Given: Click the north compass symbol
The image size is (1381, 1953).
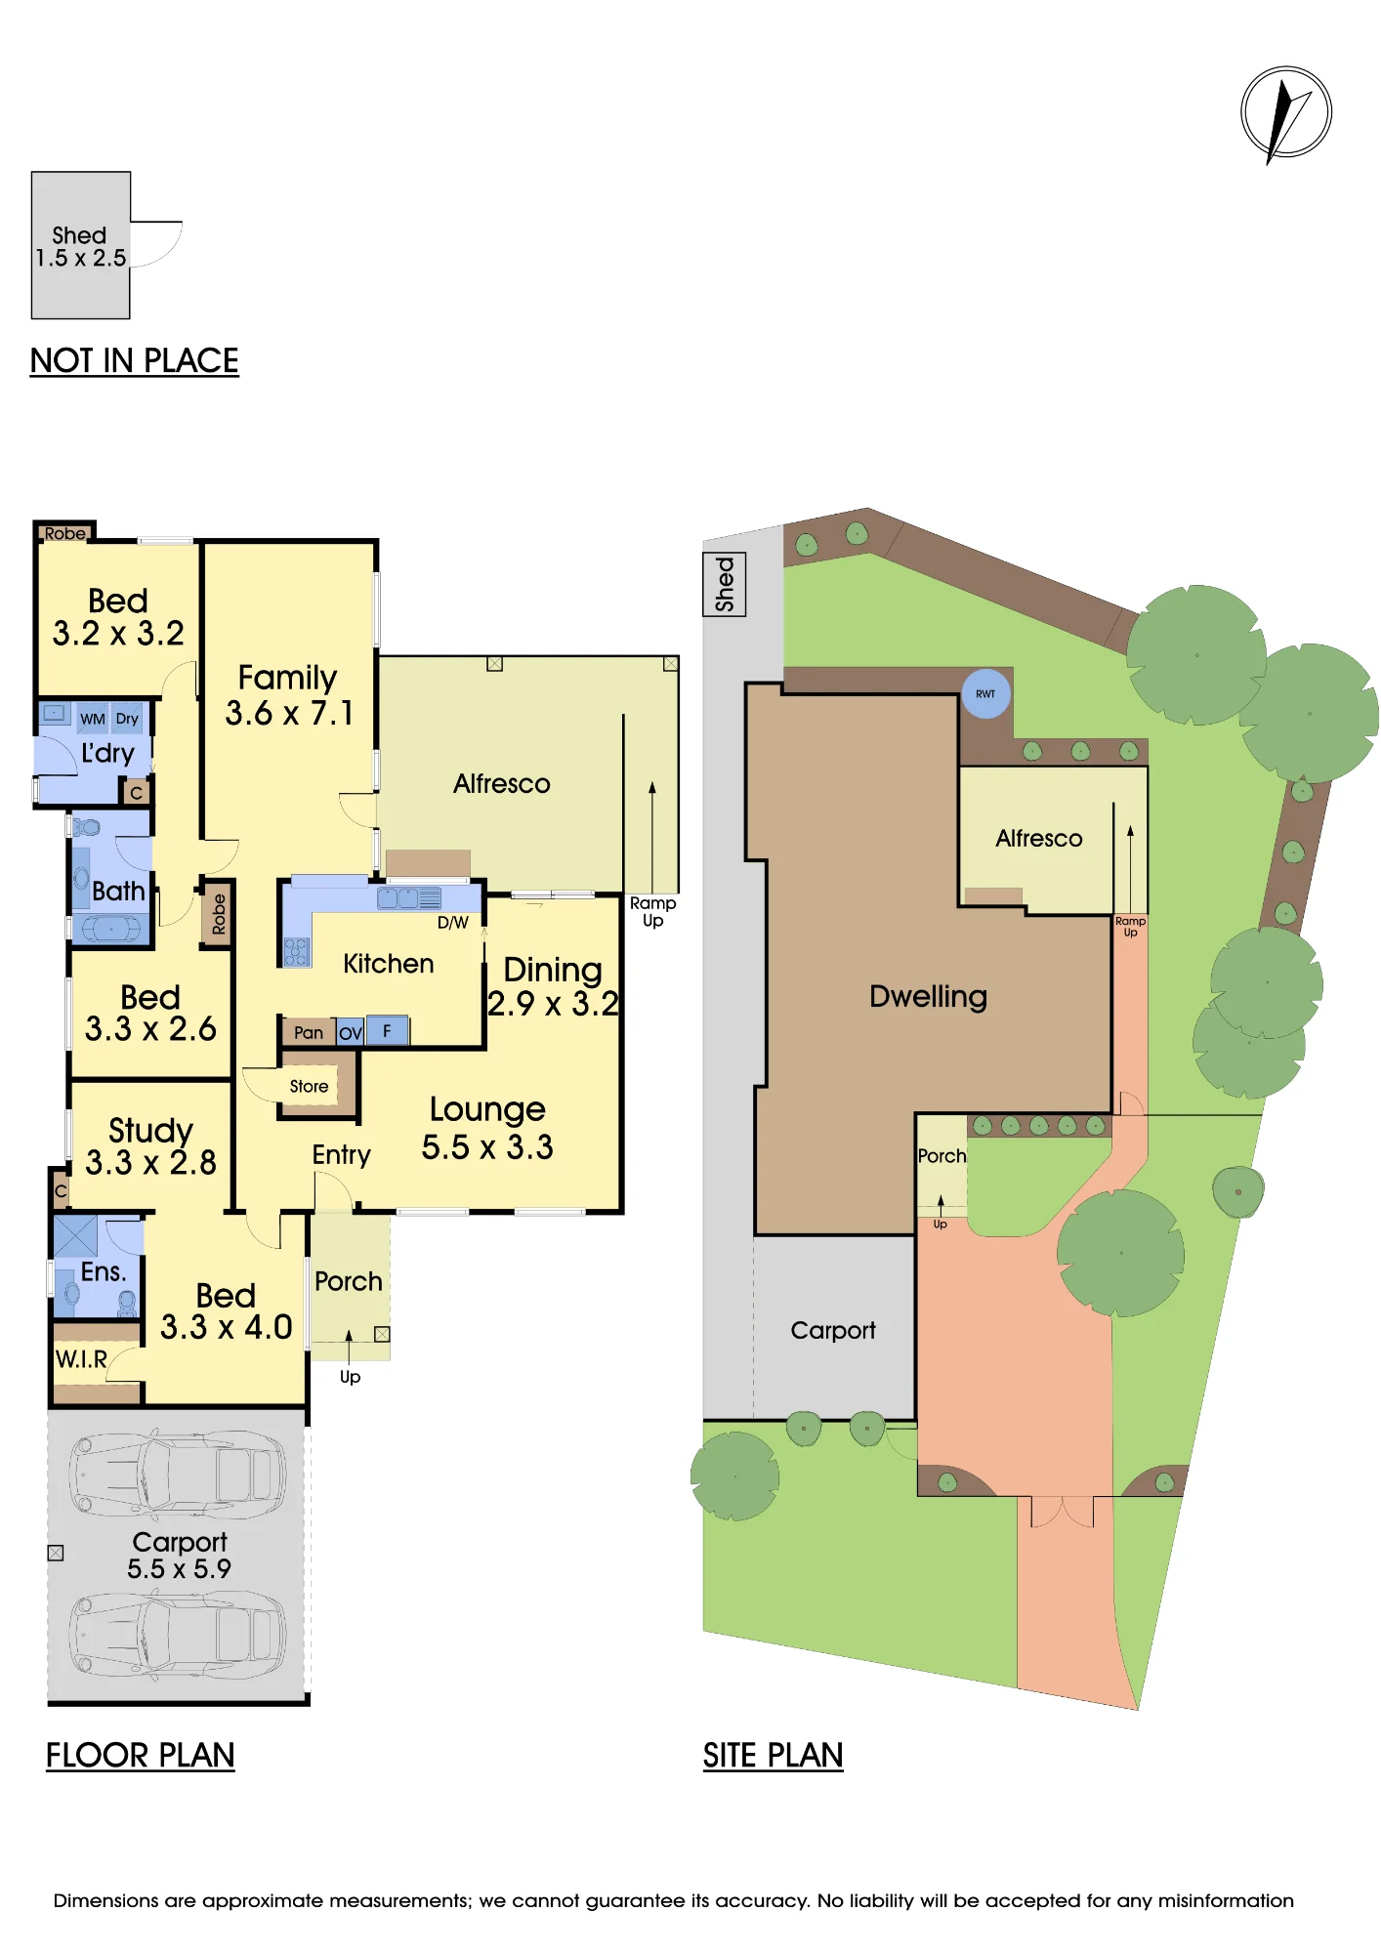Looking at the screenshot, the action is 1285,113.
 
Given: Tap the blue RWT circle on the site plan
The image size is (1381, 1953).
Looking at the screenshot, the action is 985,693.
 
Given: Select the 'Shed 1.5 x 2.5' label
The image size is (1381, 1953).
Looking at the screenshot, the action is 80,247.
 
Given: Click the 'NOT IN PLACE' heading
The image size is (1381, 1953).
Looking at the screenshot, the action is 134,360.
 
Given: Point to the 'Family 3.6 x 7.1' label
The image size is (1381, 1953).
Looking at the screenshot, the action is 288,695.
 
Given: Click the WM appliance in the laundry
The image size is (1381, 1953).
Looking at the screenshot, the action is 93,719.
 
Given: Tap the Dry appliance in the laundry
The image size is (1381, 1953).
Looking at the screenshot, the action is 127,719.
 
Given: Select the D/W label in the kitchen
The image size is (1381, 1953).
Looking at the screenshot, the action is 453,922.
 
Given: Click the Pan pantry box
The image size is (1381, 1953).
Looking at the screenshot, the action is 309,1032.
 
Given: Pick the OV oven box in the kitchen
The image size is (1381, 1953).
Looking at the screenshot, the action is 350,1032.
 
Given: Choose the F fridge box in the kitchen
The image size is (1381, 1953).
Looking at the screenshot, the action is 387,1030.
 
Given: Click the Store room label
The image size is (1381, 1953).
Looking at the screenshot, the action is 309,1086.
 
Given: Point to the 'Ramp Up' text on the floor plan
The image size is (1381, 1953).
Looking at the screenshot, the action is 652,911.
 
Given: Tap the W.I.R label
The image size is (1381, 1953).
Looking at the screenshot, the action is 81,1359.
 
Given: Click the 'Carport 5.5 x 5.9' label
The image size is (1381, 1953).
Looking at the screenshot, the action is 180,1555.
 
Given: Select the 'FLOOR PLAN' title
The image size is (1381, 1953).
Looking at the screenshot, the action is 140,1755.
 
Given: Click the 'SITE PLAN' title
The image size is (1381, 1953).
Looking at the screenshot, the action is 773,1755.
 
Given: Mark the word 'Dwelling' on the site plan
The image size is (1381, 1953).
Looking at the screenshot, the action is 928,997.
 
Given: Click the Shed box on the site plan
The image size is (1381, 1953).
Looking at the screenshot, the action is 725,584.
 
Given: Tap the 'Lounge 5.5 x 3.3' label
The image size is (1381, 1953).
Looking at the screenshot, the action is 487,1128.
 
